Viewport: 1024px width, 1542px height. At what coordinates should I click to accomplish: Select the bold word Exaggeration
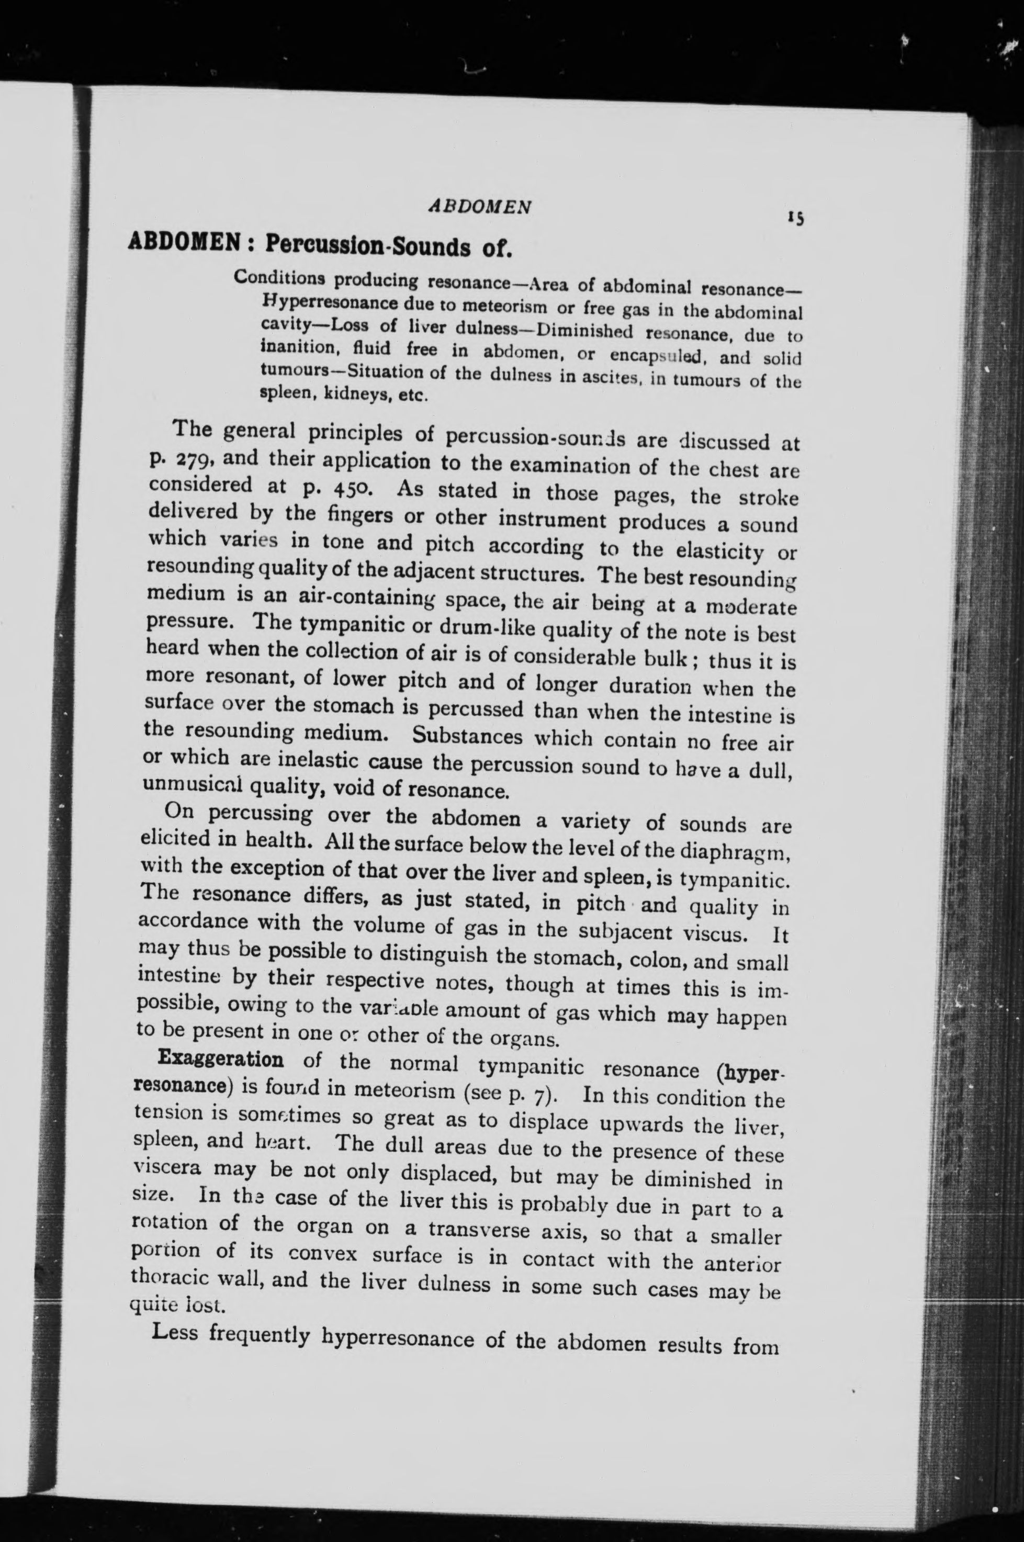(x=221, y=1057)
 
